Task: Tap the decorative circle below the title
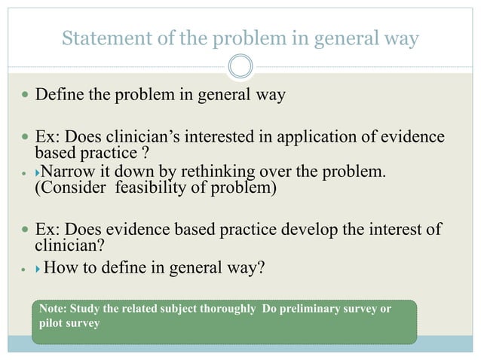tap(240, 66)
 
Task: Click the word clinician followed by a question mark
tap(68, 244)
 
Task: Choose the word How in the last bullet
tap(63, 267)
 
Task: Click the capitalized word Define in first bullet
tap(60, 96)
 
